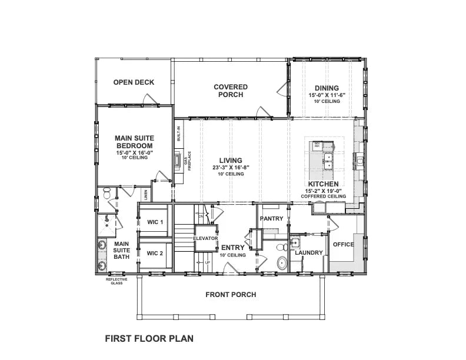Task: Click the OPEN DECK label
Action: (134, 82)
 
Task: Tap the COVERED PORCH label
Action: (231, 91)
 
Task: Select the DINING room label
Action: (326, 88)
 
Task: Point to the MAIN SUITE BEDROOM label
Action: (134, 142)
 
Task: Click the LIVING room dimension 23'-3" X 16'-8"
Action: (231, 168)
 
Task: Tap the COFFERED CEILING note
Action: (324, 196)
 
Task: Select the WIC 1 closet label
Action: (155, 222)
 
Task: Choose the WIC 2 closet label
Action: (155, 253)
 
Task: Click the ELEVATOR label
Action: (206, 238)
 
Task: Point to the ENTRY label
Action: (232, 248)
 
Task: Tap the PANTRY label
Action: (272, 219)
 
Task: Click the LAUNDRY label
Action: (309, 253)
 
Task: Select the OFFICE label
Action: (344, 244)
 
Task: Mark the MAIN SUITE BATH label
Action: (122, 250)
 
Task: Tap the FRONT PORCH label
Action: (231, 295)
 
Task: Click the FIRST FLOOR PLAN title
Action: (149, 338)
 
